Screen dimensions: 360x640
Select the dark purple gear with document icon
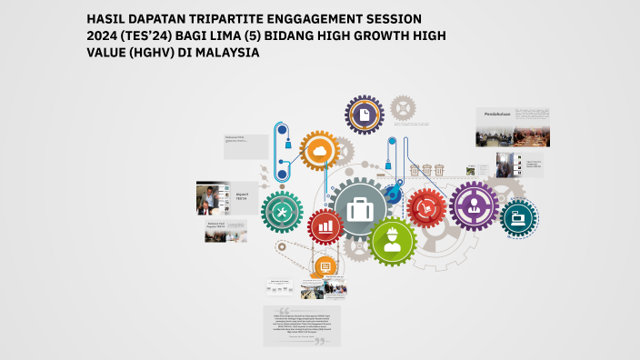[x=364, y=115]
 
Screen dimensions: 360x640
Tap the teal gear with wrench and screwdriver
[x=282, y=211]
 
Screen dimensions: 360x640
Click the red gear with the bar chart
[x=325, y=226]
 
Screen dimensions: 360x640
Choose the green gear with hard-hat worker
[x=393, y=241]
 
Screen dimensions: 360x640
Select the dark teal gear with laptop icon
[x=520, y=217]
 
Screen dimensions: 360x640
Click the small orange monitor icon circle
[x=325, y=266]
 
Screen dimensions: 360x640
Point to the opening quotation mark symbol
[x=284, y=310]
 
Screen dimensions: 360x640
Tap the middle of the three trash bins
[x=426, y=169]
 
